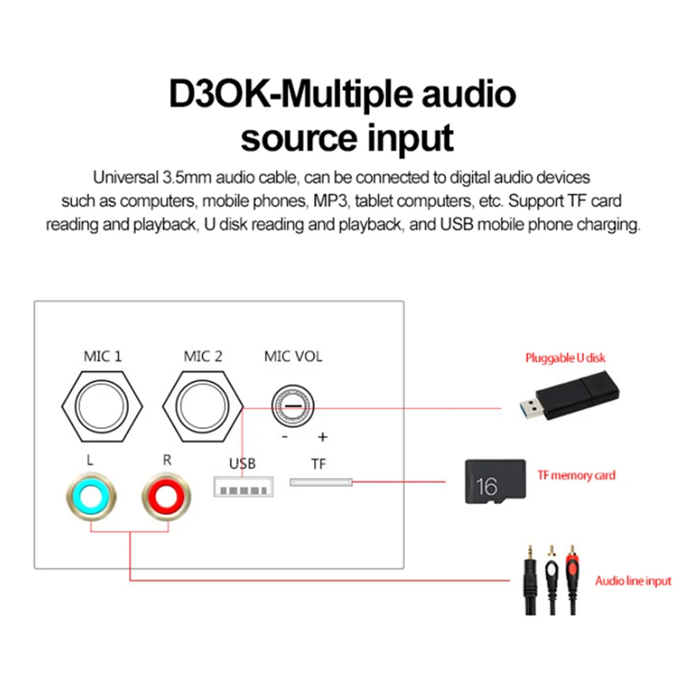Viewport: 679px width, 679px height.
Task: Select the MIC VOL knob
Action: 292,407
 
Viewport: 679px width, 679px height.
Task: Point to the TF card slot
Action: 320,483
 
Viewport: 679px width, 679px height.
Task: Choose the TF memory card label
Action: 576,475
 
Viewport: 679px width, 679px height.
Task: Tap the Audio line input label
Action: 632,581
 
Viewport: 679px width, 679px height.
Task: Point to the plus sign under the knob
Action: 322,438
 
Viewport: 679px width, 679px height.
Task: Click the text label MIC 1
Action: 102,356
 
